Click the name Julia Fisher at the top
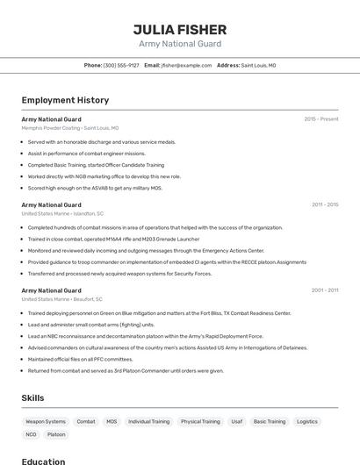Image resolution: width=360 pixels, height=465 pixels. [x=180, y=29]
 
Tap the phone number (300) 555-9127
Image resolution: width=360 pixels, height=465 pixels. [x=121, y=65]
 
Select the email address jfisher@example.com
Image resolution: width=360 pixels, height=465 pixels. [x=185, y=65]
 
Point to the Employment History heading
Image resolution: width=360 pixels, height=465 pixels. [x=65, y=100]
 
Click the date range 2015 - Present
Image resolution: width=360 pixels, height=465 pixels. [x=321, y=118]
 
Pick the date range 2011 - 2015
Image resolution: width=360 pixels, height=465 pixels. [x=324, y=204]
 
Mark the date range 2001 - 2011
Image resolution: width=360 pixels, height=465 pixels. [x=324, y=290]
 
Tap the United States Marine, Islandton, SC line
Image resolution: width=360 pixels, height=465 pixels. [x=62, y=213]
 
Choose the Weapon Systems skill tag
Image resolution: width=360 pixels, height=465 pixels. [x=46, y=421]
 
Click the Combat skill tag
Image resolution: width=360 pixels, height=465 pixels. [x=86, y=421]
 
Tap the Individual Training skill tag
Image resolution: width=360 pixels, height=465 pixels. [x=149, y=421]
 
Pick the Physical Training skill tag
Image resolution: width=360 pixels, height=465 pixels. [x=200, y=421]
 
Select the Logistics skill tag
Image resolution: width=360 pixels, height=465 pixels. [x=307, y=421]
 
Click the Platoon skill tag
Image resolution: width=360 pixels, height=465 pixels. [x=56, y=434]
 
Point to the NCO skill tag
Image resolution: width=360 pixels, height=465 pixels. [x=31, y=434]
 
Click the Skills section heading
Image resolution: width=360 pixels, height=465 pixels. [x=32, y=398]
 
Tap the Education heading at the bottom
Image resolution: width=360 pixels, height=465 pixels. [x=43, y=461]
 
